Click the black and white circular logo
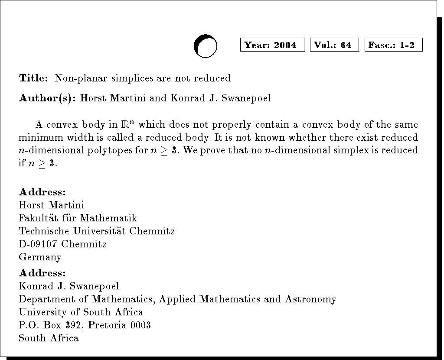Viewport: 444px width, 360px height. pos(205,46)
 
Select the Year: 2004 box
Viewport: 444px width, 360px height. pos(272,45)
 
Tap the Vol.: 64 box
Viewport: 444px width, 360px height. pos(334,45)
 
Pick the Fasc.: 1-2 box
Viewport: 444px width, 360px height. pos(393,45)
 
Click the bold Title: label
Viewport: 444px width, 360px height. pos(33,78)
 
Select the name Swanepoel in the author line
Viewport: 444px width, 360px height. pos(246,98)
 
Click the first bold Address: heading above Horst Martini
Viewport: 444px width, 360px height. pos(42,192)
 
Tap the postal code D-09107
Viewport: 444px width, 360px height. pos(39,244)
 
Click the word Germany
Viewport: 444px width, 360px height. pos(40,257)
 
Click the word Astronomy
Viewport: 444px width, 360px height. pos(310,299)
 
